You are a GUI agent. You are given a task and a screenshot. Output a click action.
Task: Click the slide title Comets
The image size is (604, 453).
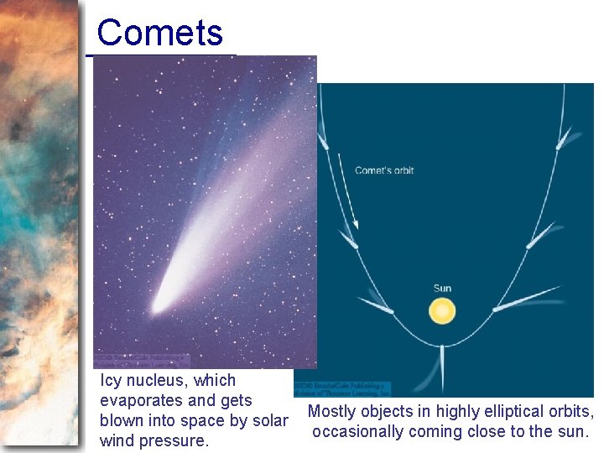pos(159,34)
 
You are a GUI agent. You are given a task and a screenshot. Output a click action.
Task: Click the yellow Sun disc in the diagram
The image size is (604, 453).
pos(442,312)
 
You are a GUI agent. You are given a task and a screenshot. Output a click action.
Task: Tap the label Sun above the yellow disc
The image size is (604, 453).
pos(442,289)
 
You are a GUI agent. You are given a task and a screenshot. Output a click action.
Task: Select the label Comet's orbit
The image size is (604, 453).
pos(384,170)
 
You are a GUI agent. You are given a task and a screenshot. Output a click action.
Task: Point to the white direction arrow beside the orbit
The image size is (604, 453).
pos(347,190)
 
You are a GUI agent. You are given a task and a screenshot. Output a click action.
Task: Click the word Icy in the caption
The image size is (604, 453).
pos(111,381)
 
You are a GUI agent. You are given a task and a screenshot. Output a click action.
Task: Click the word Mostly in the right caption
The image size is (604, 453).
pos(333,412)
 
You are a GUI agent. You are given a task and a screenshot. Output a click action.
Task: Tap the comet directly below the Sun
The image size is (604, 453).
pos(442,369)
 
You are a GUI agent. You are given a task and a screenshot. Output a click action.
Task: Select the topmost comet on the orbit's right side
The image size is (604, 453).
pos(565,137)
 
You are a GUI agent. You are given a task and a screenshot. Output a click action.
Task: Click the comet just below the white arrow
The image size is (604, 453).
pos(348,240)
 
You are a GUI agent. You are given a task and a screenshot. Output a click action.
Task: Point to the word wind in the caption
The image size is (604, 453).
pos(117,440)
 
